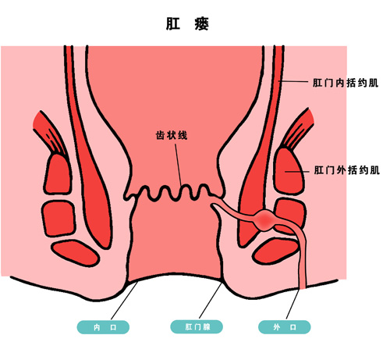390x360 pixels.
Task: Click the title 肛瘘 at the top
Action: pos(187,24)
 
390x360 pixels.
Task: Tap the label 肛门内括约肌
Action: pos(346,83)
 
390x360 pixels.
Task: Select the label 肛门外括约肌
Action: pos(347,170)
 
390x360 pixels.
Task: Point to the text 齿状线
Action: pos(172,135)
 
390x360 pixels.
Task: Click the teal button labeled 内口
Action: pos(103,327)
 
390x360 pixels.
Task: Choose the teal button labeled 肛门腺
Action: pos(197,327)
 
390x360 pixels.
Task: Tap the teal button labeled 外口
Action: pos(285,327)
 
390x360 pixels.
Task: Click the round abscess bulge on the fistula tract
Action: pos(265,220)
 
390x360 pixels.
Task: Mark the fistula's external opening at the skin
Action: pos(303,287)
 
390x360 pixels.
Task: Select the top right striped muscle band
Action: pos(298,128)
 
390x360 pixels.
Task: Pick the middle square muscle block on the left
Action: pos(58,219)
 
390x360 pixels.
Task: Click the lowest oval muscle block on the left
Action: pos(76,254)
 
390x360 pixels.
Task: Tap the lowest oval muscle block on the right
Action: pos(275,251)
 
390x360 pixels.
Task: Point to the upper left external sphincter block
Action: pos(58,174)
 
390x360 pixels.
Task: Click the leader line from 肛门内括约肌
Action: pos(293,81)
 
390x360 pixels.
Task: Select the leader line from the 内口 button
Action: pos(124,301)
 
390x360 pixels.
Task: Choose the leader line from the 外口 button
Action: pos(292,304)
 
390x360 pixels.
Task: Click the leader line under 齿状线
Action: pos(179,165)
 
